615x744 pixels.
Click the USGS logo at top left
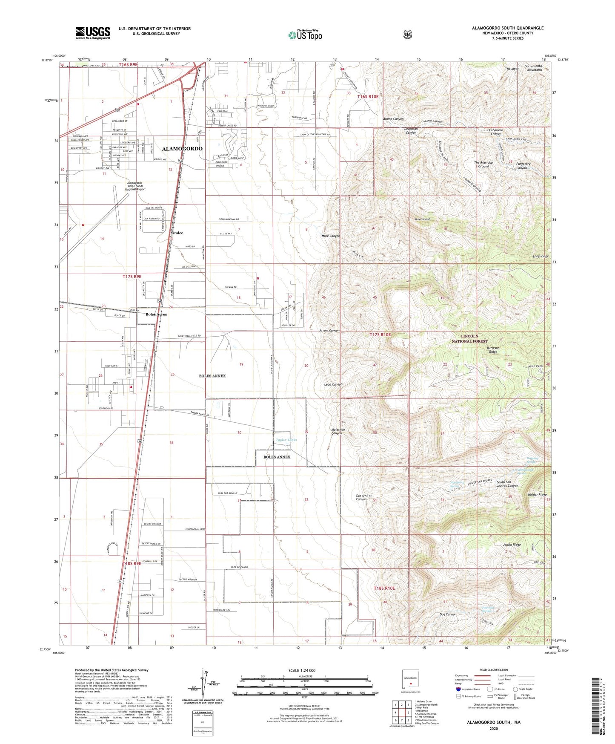click(x=93, y=33)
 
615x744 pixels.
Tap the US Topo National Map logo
click(x=305, y=35)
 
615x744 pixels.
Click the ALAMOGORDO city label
click(x=182, y=149)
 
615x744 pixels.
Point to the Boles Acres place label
click(x=156, y=314)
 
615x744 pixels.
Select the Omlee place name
click(x=177, y=233)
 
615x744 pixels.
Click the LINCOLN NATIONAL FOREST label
click(x=469, y=339)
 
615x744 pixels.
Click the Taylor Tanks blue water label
click(x=286, y=440)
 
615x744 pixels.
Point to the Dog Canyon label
click(x=448, y=614)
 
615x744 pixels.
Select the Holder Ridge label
click(x=537, y=495)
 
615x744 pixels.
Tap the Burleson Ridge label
click(x=493, y=350)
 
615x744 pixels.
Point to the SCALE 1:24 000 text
click(x=302, y=670)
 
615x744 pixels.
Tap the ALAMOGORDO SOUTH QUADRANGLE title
click(x=507, y=28)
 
